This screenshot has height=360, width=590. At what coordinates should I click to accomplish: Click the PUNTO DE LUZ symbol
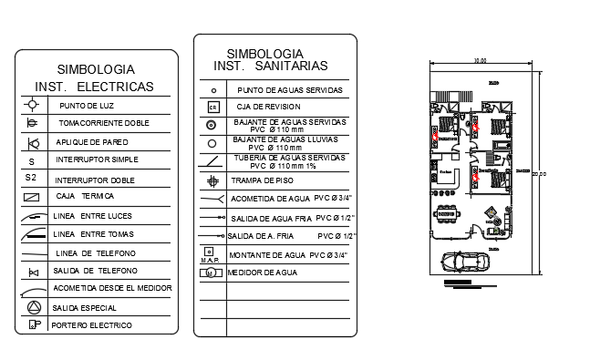click(32, 106)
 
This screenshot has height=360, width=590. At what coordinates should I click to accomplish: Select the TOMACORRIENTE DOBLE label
click(104, 122)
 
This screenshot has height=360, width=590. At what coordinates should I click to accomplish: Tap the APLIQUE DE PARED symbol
click(33, 142)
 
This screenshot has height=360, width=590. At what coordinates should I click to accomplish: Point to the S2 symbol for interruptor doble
click(31, 178)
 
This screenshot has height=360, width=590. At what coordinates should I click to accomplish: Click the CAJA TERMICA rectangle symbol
click(32, 197)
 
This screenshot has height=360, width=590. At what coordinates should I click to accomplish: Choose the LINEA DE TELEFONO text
click(95, 252)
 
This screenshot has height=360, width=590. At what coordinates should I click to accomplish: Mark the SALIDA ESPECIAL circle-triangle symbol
click(33, 307)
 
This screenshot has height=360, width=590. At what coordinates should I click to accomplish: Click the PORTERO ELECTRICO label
click(92, 325)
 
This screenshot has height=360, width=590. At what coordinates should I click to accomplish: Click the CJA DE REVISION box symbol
click(212, 108)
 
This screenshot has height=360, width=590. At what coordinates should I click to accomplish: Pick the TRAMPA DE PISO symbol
click(212, 180)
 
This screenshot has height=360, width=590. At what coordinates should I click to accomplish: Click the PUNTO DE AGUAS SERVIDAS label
click(289, 90)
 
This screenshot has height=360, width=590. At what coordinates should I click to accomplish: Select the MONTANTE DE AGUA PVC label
click(287, 254)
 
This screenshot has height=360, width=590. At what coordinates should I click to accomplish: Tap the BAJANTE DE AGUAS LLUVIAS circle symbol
click(212, 143)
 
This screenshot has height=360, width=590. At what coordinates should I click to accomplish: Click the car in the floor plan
click(465, 262)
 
